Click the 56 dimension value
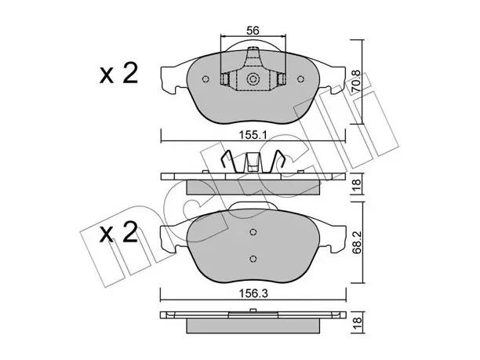pyautogui.click(x=253, y=31)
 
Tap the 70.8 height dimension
pyautogui.click(x=356, y=82)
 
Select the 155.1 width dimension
pyautogui.click(x=253, y=135)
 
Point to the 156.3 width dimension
pyautogui.click(x=253, y=293)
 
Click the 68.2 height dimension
pyautogui.click(x=357, y=242)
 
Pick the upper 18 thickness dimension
pyautogui.click(x=357, y=184)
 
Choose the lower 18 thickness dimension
pyautogui.click(x=357, y=322)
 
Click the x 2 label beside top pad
pyautogui.click(x=118, y=74)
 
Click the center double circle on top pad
pyautogui.click(x=253, y=79)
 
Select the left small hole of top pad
pyautogui.click(x=205, y=79)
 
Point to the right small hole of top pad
pyautogui.click(x=300, y=79)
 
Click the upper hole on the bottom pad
pyautogui.click(x=253, y=232)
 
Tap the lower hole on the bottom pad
pyautogui.click(x=253, y=259)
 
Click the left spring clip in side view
pyautogui.click(x=229, y=161)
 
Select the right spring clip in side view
pyautogui.click(x=277, y=161)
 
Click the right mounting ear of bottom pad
pyautogui.click(x=333, y=237)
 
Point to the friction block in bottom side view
pyautogui.click(x=253, y=325)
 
